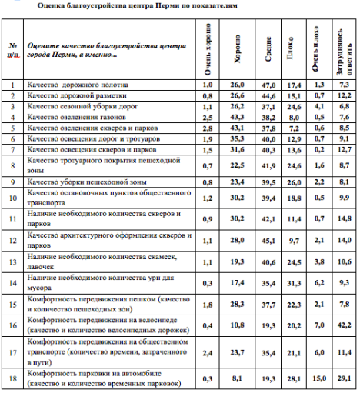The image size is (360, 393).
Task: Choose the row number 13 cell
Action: click(12, 261)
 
